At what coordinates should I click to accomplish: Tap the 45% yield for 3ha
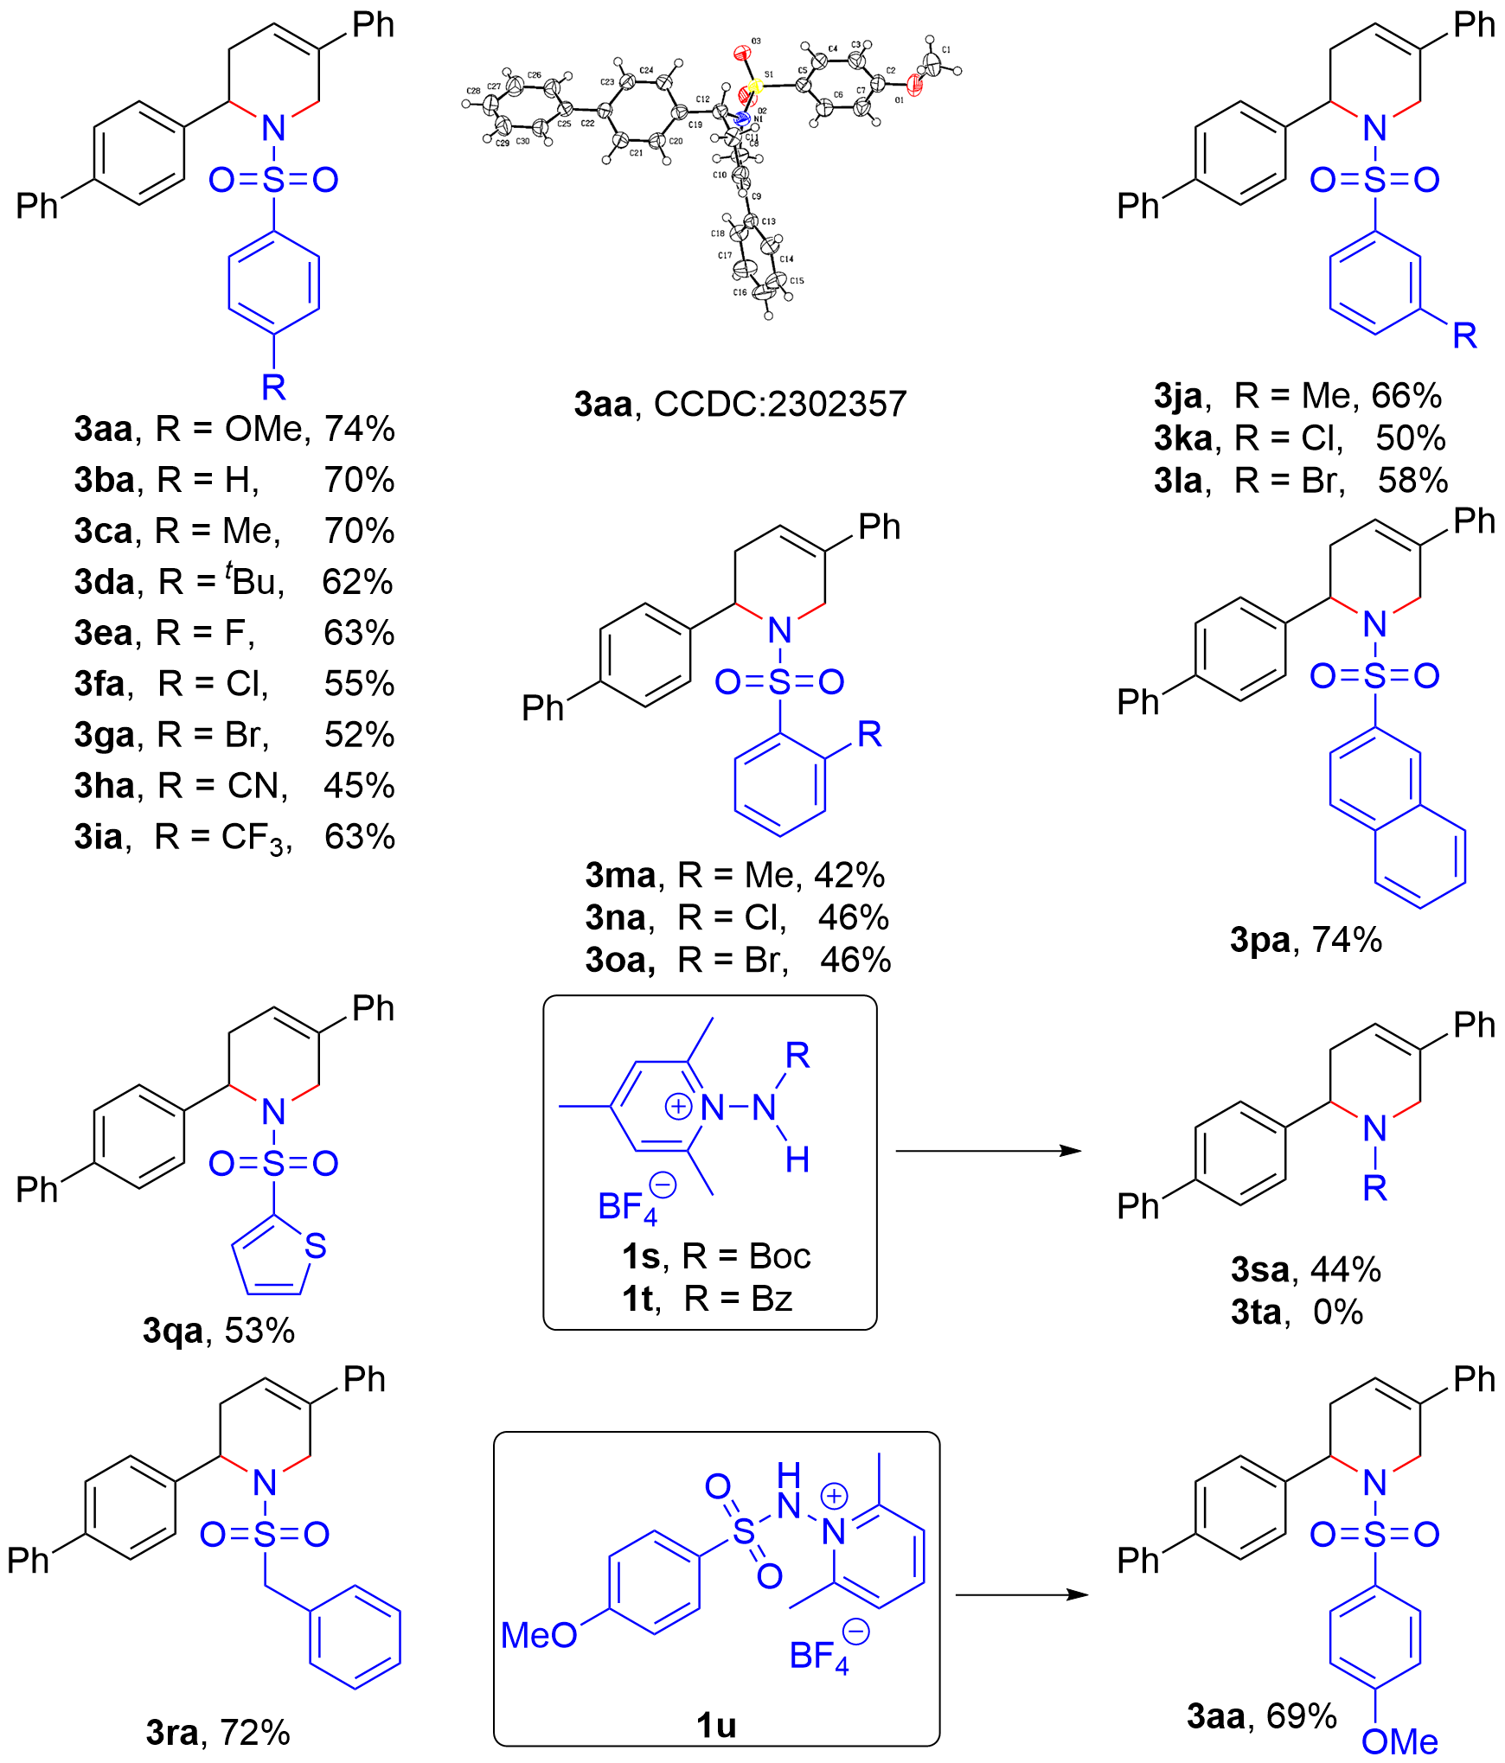(359, 785)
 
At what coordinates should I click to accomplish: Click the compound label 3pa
(1260, 940)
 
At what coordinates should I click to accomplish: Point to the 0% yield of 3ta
(1337, 1313)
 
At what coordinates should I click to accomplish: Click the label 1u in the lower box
(715, 1724)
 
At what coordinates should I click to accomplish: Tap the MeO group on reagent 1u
(539, 1635)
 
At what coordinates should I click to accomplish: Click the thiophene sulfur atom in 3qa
(316, 1245)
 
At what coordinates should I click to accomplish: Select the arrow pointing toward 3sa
(988, 1151)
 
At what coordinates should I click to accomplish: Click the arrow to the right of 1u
(1021, 1594)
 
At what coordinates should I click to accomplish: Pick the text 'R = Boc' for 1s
(746, 1256)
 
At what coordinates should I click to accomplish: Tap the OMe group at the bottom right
(1399, 1741)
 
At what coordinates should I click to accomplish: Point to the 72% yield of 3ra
(255, 1732)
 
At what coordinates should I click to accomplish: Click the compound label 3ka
(1183, 438)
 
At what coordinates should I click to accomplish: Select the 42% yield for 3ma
(849, 875)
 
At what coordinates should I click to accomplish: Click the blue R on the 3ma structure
(868, 734)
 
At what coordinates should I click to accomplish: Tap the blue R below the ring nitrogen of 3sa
(1374, 1188)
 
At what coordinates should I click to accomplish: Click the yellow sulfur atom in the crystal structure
(754, 86)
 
